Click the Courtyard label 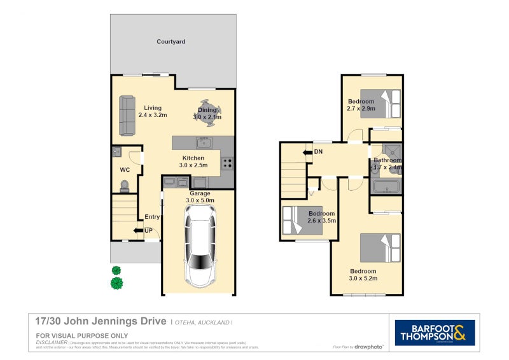[171, 42]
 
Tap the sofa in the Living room [127, 116]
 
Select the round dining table [207, 113]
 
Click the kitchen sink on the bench [204, 142]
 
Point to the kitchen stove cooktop [227, 164]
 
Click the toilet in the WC [125, 185]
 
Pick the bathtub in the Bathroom [386, 187]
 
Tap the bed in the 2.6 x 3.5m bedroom [295, 220]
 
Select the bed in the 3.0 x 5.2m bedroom [380, 248]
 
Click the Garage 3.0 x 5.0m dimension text [200, 200]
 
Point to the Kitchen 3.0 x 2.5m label [193, 162]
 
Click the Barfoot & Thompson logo [435, 333]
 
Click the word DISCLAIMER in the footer [52, 342]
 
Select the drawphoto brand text [370, 347]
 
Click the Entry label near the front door [152, 217]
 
